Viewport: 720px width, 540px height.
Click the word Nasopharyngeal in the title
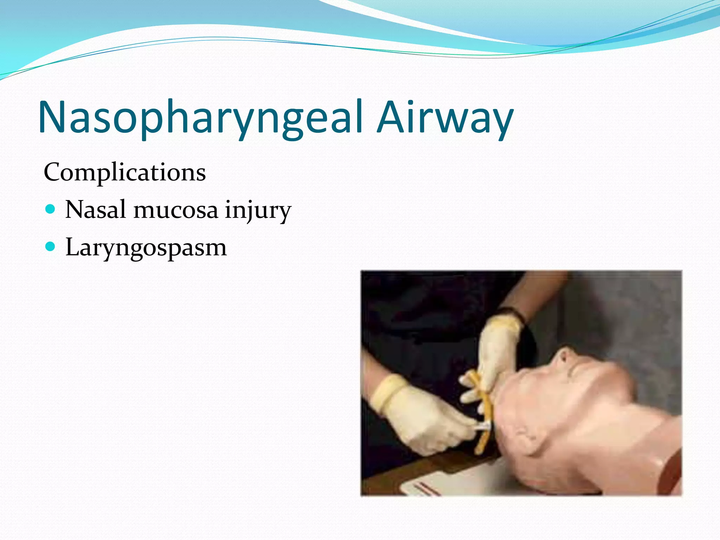click(x=200, y=118)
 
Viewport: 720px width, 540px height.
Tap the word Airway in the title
click(x=445, y=118)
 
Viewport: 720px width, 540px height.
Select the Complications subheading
click(x=124, y=173)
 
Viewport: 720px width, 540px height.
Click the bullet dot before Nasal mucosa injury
click(x=51, y=210)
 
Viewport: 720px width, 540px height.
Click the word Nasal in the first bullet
click(x=95, y=210)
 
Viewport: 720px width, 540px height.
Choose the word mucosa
click(x=176, y=210)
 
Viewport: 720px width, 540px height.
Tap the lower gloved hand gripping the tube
click(x=422, y=418)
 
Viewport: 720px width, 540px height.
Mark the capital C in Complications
click(x=52, y=173)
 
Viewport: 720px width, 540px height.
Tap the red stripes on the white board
click(x=427, y=489)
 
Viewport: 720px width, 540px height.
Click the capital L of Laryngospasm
click(x=73, y=247)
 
